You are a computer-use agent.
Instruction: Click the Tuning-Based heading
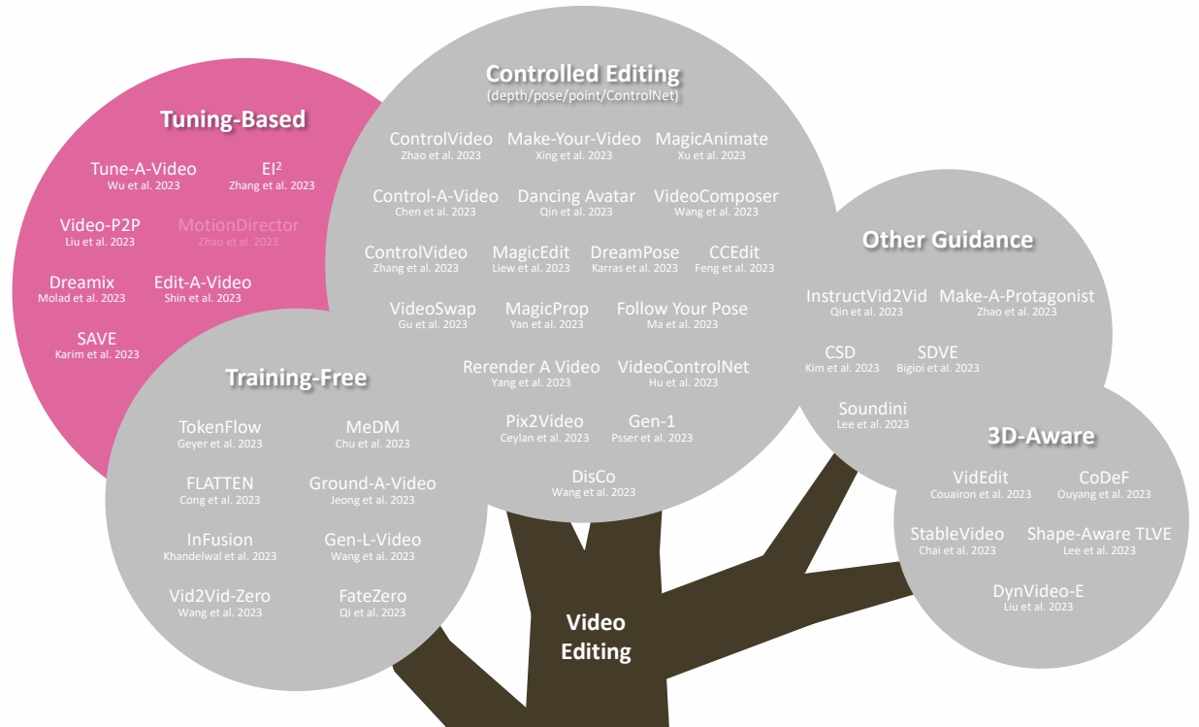(x=233, y=119)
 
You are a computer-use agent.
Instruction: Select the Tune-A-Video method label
(x=143, y=168)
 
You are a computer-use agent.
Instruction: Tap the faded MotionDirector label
(x=238, y=225)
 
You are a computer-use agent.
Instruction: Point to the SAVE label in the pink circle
(x=96, y=339)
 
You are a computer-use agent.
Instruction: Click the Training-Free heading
(x=296, y=377)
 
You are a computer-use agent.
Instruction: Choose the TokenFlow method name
(x=219, y=427)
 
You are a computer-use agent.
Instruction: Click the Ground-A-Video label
(x=373, y=483)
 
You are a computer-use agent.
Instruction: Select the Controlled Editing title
(x=582, y=74)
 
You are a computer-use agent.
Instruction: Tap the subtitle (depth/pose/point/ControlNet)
(x=582, y=96)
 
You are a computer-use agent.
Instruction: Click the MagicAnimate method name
(x=711, y=139)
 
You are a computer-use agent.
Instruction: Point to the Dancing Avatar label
(x=576, y=196)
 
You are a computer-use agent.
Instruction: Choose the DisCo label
(x=593, y=477)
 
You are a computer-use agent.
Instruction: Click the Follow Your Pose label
(x=682, y=309)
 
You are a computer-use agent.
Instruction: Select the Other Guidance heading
(x=947, y=240)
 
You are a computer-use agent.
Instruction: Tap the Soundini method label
(x=873, y=409)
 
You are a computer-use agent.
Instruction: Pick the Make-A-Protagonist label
(x=1017, y=296)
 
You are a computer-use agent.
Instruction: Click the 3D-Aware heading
(x=1041, y=436)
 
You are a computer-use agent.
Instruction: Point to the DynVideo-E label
(x=1038, y=591)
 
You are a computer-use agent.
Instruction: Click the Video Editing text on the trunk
(x=596, y=637)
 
